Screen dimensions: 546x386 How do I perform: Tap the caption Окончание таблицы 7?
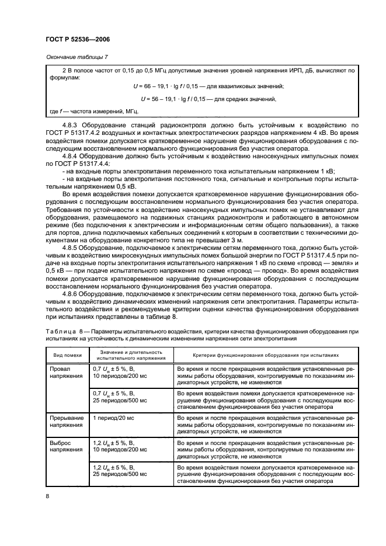pyautogui.click(x=77, y=57)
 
